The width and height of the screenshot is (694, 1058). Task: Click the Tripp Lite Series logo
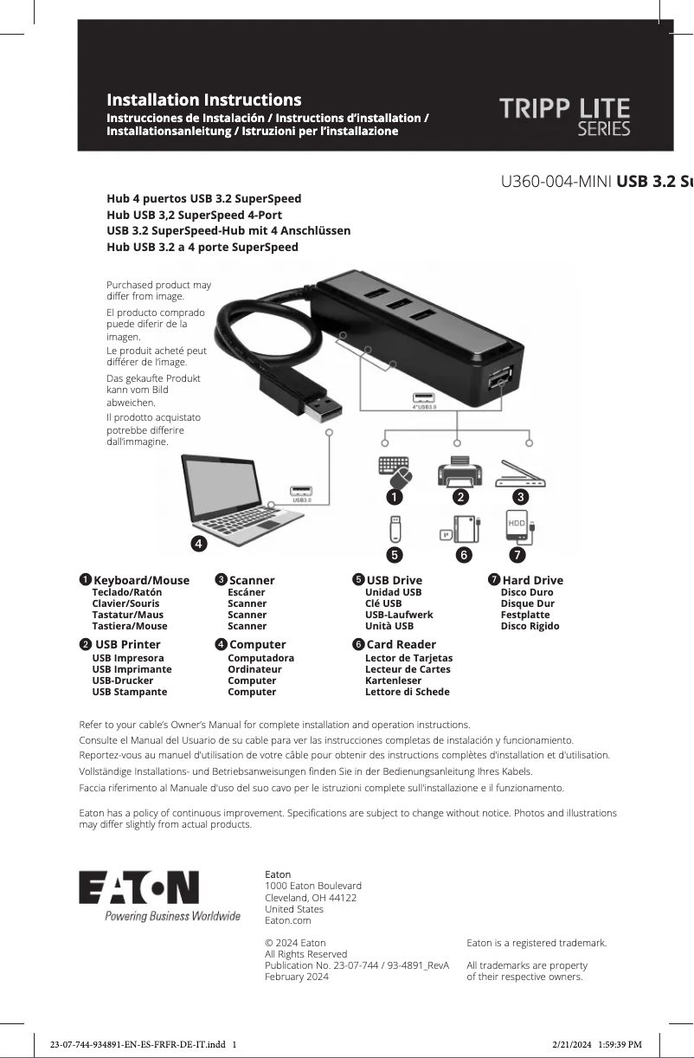[x=564, y=117]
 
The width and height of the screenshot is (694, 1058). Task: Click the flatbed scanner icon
[x=520, y=474]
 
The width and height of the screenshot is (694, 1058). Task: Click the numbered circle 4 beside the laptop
[x=198, y=544]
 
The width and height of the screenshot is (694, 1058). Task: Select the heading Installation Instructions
[x=203, y=100]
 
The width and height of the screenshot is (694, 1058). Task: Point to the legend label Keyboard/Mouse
[x=141, y=580]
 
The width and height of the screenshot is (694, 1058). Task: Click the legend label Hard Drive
[x=532, y=580]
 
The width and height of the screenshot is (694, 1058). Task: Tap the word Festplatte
[x=524, y=615]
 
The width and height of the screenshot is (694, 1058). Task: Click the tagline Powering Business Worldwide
[x=172, y=916]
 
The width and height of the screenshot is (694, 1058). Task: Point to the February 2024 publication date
[x=296, y=977]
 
